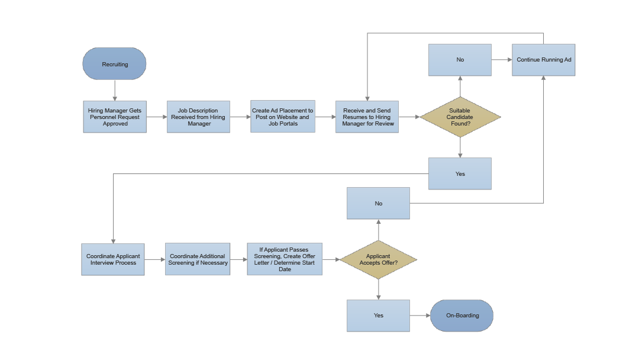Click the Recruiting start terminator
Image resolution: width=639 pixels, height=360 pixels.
(x=114, y=64)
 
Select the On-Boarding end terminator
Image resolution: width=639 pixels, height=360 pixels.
(x=461, y=316)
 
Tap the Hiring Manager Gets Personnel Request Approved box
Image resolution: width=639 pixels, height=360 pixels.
(x=115, y=117)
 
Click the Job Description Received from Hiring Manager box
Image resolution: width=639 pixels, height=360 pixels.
(x=199, y=117)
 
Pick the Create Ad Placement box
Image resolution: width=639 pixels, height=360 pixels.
(x=283, y=117)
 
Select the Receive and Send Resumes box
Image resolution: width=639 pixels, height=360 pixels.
(x=367, y=117)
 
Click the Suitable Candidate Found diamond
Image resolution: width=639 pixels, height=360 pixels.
(x=460, y=117)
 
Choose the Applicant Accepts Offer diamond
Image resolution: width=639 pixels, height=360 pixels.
(x=378, y=259)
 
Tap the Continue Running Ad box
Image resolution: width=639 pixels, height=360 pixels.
(x=543, y=60)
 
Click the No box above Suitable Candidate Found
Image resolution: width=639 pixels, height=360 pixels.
(x=460, y=60)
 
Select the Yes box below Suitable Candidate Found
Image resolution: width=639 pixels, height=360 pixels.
(x=460, y=173)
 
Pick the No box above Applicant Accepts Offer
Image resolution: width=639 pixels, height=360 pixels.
(x=378, y=203)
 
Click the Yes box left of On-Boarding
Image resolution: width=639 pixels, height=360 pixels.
(x=378, y=316)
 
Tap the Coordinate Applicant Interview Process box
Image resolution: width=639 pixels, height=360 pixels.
(x=113, y=259)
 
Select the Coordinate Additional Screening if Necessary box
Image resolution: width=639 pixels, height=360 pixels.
(x=198, y=259)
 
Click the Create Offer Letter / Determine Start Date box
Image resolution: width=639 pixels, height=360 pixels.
(x=285, y=259)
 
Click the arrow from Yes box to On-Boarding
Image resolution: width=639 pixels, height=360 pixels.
(x=419, y=316)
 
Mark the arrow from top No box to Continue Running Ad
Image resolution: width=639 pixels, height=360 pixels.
(x=501, y=60)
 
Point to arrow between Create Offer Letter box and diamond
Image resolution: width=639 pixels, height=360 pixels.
(x=331, y=259)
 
